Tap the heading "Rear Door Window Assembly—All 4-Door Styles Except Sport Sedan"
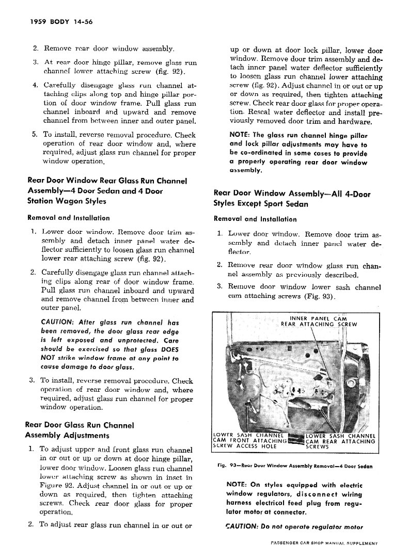pos(292,199)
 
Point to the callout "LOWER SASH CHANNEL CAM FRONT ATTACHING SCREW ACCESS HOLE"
pos(250,441)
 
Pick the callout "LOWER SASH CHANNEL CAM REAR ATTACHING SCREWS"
pos(340,441)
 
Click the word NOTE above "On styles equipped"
pos(238,485)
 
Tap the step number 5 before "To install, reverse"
pos(34,134)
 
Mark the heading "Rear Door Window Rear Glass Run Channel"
pos(106,181)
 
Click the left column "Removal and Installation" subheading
pos(68,218)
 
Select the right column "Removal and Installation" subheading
pos(255,219)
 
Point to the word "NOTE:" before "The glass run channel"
pos(239,135)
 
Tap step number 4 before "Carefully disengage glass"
pos(34,85)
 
